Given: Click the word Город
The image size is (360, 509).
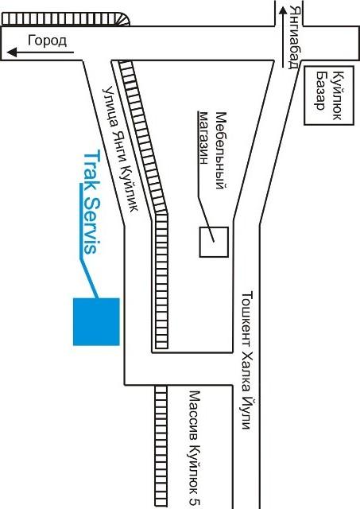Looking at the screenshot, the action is pyautogui.click(x=48, y=41).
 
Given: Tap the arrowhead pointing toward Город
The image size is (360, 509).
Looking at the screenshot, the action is pyautogui.click(x=12, y=52).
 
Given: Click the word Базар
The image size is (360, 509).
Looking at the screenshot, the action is pyautogui.click(x=321, y=91).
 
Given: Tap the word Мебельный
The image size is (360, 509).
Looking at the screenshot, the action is pyautogui.click(x=221, y=150).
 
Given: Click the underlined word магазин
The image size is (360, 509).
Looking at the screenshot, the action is pyautogui.click(x=203, y=138).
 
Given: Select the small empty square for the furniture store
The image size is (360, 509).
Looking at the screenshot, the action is pyautogui.click(x=214, y=242).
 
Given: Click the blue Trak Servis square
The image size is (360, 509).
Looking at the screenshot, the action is pyautogui.click(x=96, y=321).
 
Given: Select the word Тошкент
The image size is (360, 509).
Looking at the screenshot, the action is pyautogui.click(x=247, y=318).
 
